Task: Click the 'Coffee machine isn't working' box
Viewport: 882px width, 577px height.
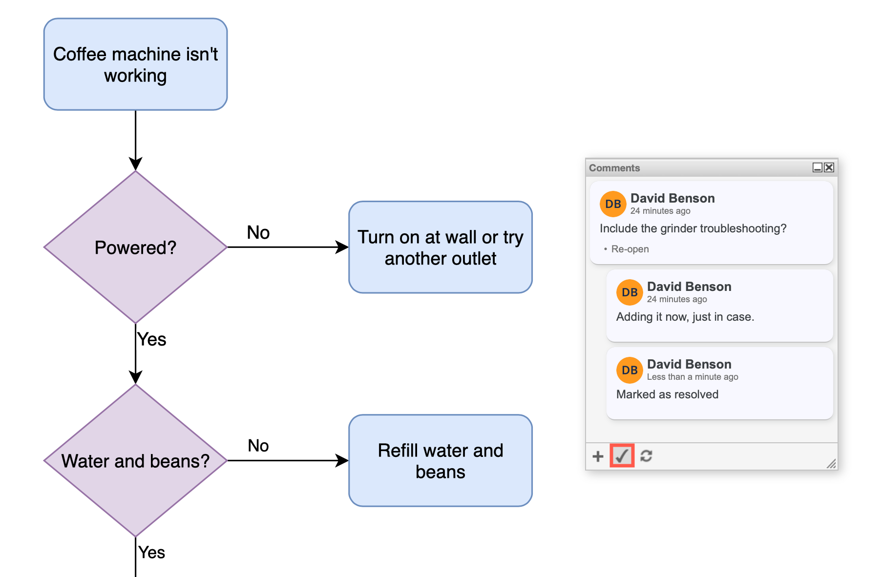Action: point(135,64)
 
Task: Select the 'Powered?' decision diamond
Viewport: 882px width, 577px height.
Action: point(135,247)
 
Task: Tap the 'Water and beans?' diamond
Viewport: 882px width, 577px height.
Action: point(135,460)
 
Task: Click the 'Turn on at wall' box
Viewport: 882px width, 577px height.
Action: point(440,247)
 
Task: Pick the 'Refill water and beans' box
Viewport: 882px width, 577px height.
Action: point(440,460)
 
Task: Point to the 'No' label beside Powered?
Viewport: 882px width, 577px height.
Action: point(258,232)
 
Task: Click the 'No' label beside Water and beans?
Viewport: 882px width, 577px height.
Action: point(258,445)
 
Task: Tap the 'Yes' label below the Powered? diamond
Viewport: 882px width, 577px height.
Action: point(151,339)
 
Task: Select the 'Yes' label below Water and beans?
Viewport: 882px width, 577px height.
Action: point(151,552)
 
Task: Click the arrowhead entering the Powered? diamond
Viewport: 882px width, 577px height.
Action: point(135,164)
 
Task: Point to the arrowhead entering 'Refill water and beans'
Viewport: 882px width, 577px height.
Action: point(342,460)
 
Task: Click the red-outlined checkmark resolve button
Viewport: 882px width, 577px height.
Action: point(622,456)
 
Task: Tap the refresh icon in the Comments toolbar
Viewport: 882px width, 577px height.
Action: point(646,456)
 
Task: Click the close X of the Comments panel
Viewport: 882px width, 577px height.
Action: point(829,167)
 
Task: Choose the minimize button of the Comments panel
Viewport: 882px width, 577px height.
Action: point(817,167)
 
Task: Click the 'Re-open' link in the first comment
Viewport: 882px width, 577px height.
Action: point(630,249)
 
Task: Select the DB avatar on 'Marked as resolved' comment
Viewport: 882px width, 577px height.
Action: point(629,370)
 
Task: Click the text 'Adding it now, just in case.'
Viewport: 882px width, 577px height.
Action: point(685,317)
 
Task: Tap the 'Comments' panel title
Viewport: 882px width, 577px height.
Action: point(614,168)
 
